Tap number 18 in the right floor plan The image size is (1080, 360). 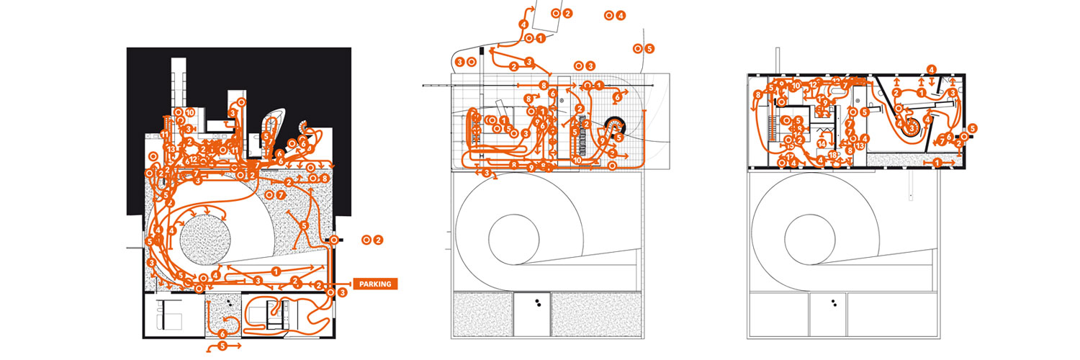[x=832, y=155]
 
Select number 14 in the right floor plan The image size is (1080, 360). [x=822, y=143]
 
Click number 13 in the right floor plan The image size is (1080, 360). [x=860, y=146]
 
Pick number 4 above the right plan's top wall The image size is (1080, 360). [x=932, y=70]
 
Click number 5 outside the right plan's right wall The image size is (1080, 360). [x=973, y=128]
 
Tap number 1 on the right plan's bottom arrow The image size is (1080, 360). [x=937, y=163]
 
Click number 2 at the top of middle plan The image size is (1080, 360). [x=567, y=13]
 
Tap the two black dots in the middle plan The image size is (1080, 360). [x=536, y=304]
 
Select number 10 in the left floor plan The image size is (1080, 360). [x=190, y=112]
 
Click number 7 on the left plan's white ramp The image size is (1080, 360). [x=281, y=194]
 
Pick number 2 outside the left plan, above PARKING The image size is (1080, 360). [x=378, y=239]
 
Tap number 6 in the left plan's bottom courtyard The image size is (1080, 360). [x=222, y=333]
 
